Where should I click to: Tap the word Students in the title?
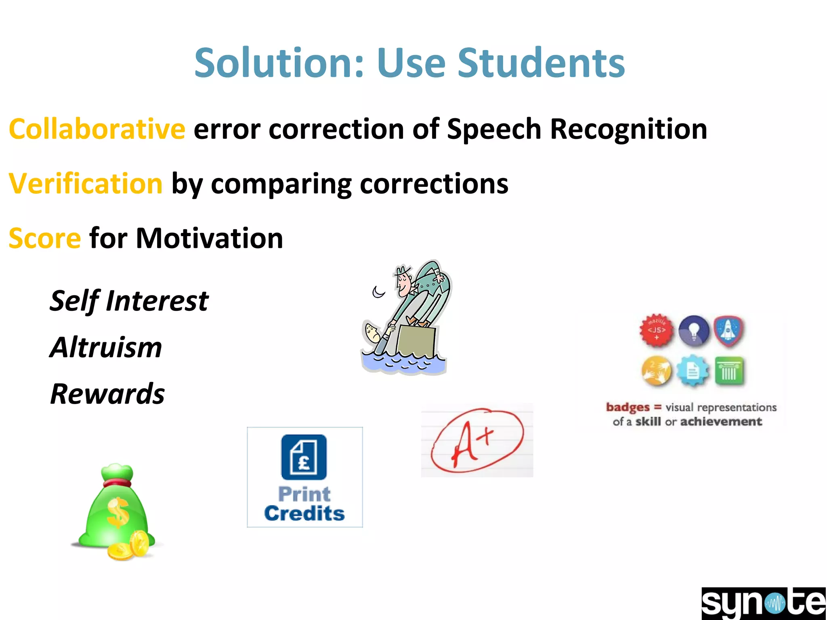point(541,63)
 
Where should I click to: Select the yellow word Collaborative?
point(97,129)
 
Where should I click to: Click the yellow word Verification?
point(86,184)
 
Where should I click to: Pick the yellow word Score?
point(45,238)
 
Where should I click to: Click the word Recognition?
point(628,129)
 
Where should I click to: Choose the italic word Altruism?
point(106,347)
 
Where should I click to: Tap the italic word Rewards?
point(107,394)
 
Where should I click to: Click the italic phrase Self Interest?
point(129,301)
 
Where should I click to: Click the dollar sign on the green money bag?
point(118,513)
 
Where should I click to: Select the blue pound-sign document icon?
point(304,457)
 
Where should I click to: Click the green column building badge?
point(729,371)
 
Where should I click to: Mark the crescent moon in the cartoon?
point(378,291)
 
